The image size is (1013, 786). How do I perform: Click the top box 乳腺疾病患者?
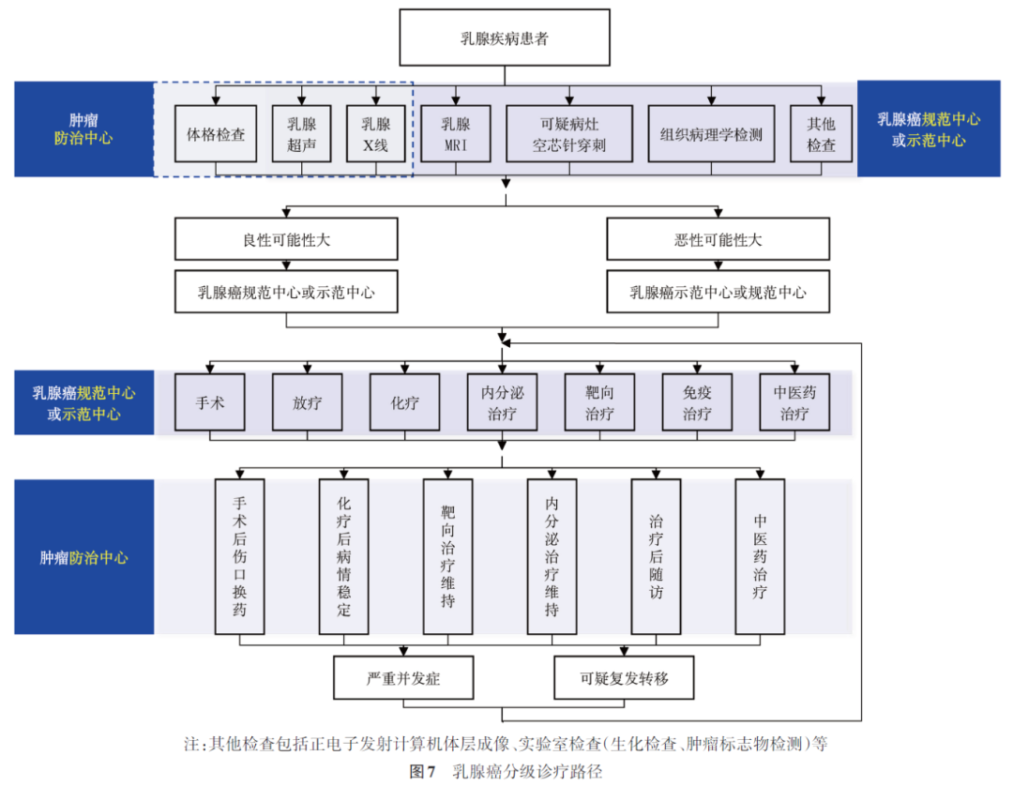(505, 38)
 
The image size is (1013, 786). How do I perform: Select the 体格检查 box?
(216, 134)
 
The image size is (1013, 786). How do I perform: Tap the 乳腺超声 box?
(302, 134)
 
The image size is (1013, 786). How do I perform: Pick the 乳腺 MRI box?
(456, 134)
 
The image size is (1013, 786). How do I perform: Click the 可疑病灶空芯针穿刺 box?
(569, 134)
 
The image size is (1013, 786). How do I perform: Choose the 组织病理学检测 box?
(711, 134)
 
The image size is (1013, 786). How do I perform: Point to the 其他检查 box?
(822, 134)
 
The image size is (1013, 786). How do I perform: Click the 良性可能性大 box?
(286, 240)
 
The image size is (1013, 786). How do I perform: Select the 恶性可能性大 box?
(718, 240)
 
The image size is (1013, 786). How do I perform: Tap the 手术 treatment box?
(208, 402)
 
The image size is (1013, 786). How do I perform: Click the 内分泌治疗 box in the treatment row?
(502, 402)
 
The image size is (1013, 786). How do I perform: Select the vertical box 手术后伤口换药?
(240, 556)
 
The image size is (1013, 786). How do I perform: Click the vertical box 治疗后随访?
(656, 556)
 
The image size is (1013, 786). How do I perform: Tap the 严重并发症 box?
(403, 678)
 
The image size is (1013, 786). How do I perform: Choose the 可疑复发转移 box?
(624, 678)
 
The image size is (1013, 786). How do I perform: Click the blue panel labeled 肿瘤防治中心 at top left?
(83, 129)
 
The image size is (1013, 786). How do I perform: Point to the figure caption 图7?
(423, 772)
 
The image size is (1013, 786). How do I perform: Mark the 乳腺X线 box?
(375, 134)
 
